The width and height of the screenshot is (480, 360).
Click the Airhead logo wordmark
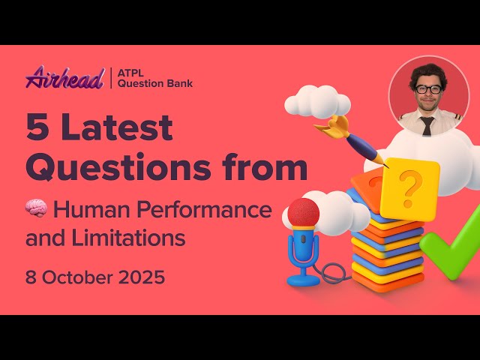click(64, 77)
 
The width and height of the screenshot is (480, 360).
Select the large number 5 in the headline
click(36, 128)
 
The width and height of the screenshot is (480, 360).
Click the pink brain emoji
click(36, 210)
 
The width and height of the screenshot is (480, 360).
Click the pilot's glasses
click(428, 89)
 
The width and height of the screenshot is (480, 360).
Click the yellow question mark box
click(409, 189)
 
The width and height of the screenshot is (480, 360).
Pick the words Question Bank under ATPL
click(156, 83)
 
